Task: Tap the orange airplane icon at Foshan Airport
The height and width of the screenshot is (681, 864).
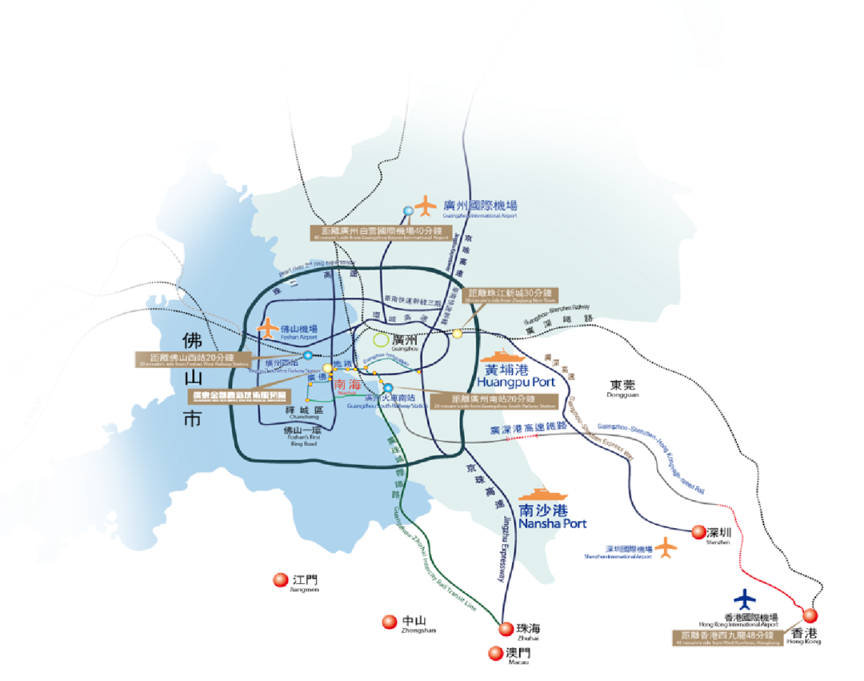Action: click(267, 328)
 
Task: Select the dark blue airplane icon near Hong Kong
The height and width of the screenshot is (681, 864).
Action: click(745, 599)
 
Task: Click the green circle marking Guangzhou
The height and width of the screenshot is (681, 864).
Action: click(382, 341)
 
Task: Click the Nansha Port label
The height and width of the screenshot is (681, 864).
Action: click(553, 516)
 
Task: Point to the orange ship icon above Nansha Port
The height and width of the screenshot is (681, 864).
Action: click(543, 495)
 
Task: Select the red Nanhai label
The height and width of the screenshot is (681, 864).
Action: click(347, 385)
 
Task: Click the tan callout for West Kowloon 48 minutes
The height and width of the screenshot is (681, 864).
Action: click(727, 638)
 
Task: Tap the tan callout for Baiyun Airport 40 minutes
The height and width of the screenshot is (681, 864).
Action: click(380, 233)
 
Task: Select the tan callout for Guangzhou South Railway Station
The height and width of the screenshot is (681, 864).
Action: click(493, 401)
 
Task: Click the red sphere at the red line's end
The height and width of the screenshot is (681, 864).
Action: click(810, 615)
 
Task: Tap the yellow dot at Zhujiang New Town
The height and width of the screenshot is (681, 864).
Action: click(458, 334)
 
